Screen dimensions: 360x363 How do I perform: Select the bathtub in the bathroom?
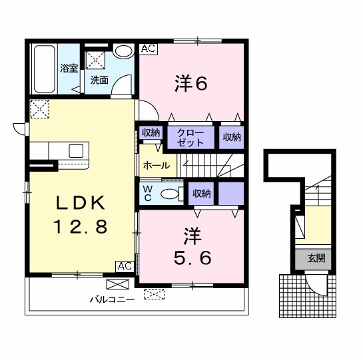(45, 69)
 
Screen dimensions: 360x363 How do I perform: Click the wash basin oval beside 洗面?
(123, 51)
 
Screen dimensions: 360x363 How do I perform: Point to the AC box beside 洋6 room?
(147, 49)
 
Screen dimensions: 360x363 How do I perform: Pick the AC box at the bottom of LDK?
(124, 266)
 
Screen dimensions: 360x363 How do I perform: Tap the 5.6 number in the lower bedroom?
(192, 258)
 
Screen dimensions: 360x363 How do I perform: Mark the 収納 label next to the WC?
(202, 194)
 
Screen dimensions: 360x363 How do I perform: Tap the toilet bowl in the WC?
(170, 194)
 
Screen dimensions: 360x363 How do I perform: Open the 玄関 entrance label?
(316, 259)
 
